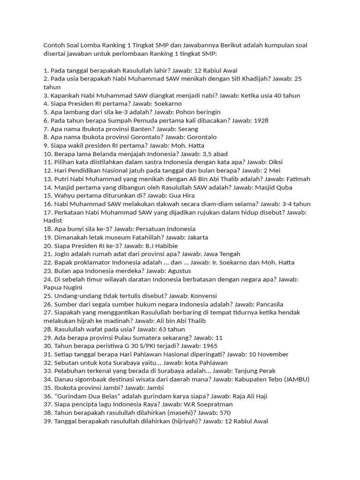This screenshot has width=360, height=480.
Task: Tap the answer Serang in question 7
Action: click(x=189, y=129)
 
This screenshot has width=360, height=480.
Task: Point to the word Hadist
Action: click(x=53, y=220)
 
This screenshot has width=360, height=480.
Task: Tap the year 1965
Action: click(x=210, y=346)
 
